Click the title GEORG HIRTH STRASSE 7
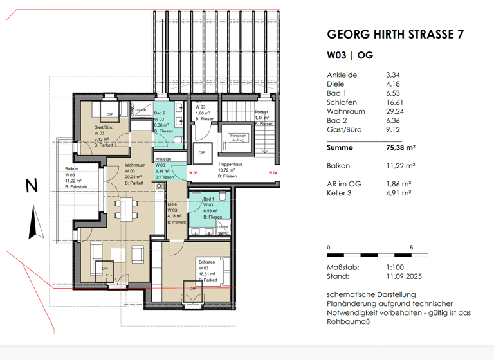tap(395, 35)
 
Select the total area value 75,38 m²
tap(403, 147)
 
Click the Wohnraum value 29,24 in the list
tap(394, 111)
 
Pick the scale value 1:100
tap(394, 267)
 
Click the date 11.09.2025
tap(403, 276)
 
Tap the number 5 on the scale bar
tap(411, 248)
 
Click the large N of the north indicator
tap(31, 186)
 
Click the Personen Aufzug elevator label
tap(239, 138)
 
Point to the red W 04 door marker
tap(273, 173)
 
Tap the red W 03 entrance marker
tap(192, 173)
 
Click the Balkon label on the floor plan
tap(71, 170)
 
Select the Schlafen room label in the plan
tap(206, 262)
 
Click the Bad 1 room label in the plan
tap(208, 199)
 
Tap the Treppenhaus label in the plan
tap(229, 164)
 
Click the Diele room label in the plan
tap(172, 204)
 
